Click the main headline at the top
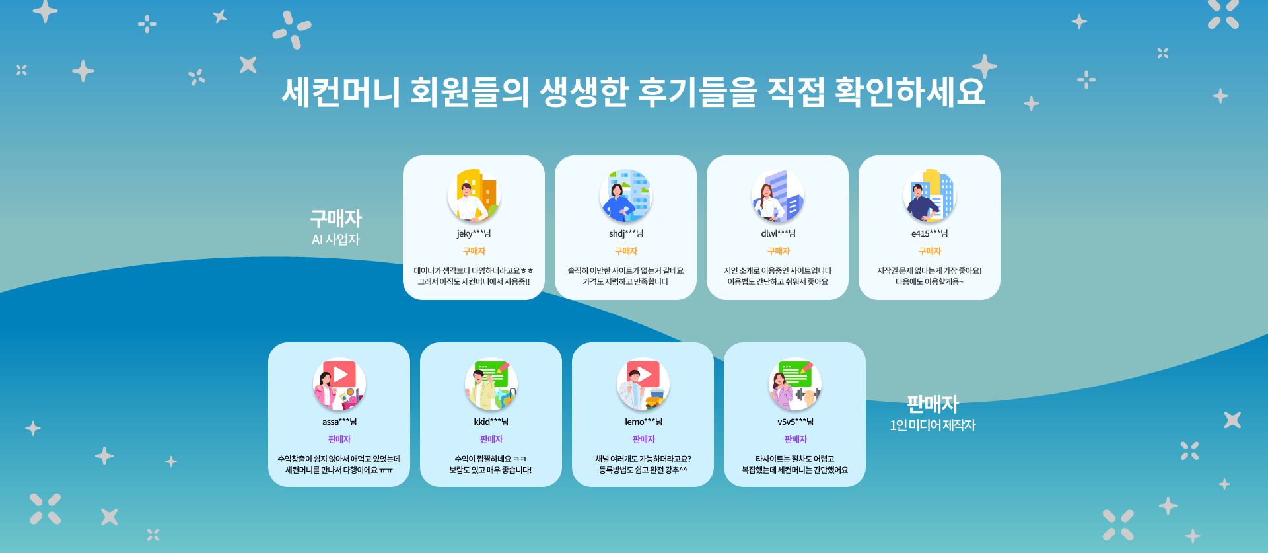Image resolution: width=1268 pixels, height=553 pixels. tap(633, 91)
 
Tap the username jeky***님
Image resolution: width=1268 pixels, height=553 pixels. tap(474, 233)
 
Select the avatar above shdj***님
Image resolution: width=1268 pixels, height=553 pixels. tap(626, 196)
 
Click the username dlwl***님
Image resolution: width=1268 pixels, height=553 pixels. tap(778, 233)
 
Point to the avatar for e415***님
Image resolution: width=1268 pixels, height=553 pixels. tap(930, 196)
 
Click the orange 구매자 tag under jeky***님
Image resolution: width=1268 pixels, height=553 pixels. tap(474, 251)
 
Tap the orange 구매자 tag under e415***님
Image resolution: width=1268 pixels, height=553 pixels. tap(930, 251)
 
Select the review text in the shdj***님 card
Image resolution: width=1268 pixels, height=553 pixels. tap(626, 276)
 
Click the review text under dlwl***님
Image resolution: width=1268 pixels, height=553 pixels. tap(778, 276)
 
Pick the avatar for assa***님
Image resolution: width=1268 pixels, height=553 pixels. tap(339, 384)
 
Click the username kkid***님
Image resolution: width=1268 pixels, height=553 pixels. tap(491, 422)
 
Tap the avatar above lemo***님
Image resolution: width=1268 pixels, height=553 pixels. tap(643, 384)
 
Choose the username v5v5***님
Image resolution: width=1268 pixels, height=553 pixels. tap(795, 422)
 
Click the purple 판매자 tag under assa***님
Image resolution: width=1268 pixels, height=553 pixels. tap(339, 439)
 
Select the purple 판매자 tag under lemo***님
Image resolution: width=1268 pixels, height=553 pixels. tap(644, 439)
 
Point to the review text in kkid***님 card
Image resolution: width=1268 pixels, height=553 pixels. tap(491, 464)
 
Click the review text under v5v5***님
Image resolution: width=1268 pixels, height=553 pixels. tap(794, 464)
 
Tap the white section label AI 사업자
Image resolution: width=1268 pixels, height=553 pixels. tap(335, 240)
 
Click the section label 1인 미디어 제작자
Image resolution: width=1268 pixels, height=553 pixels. tap(933, 425)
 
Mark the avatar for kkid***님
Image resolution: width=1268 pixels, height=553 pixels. tap(491, 384)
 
